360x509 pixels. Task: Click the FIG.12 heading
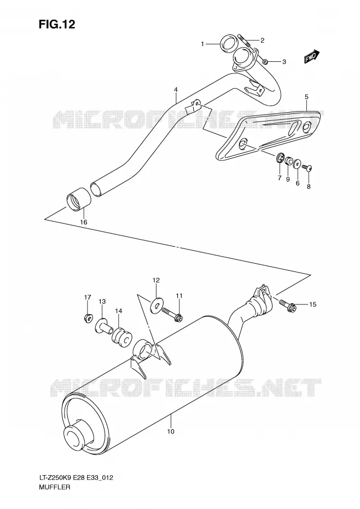[x=57, y=24]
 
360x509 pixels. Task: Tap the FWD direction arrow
[x=312, y=56]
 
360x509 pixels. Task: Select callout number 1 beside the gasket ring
[x=202, y=44]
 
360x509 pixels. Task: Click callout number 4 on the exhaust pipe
[x=176, y=89]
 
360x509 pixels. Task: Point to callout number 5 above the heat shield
[x=306, y=97]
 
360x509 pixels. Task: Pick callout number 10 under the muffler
[x=171, y=431]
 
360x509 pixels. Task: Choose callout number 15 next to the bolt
[x=312, y=304]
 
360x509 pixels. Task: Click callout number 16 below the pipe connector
[x=84, y=222]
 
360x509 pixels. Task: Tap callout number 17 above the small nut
[x=88, y=297]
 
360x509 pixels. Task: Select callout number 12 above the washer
[x=156, y=280]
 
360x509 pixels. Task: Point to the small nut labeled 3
[x=265, y=61]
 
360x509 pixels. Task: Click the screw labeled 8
[x=307, y=167]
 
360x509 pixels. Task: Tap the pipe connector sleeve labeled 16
[x=78, y=198]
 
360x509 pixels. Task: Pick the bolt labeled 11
[x=172, y=314]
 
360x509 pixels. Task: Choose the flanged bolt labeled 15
[x=287, y=304]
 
